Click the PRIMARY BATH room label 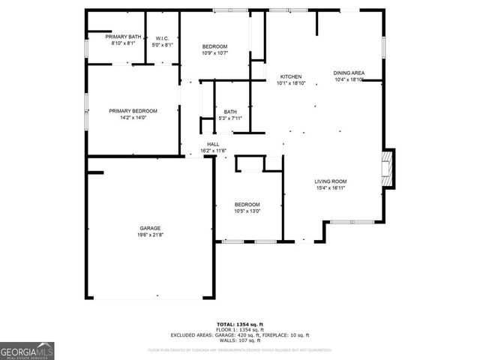pos(124,37)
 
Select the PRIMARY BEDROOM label pos(133,111)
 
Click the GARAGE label pos(149,228)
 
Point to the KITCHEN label pos(291,77)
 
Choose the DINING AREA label pos(349,73)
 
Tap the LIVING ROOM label pos(330,181)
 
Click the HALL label pos(213,145)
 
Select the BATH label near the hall pos(230,112)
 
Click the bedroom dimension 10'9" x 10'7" pos(214,53)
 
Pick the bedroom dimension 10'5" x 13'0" pos(247,211)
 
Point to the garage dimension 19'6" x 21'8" pos(149,235)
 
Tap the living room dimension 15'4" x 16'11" pos(330,188)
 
